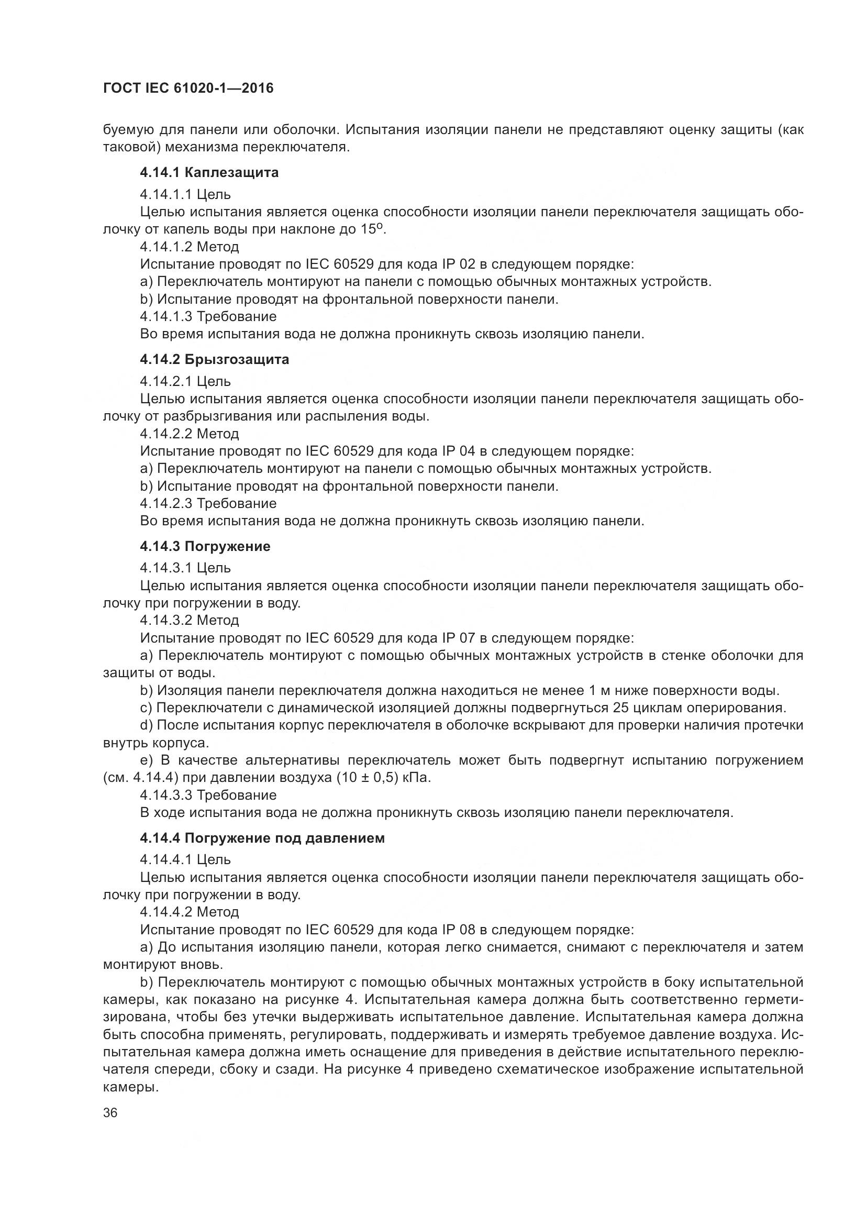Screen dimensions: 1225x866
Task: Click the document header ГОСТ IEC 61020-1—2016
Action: point(188,88)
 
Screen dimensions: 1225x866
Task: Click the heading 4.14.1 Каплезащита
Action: point(209,172)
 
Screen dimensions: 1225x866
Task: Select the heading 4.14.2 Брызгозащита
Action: point(214,359)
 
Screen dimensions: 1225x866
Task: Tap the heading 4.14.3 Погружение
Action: point(205,546)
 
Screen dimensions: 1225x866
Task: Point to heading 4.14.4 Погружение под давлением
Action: point(262,837)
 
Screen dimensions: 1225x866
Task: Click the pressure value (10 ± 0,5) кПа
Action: point(383,777)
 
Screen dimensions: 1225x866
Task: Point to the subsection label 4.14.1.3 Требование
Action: point(208,316)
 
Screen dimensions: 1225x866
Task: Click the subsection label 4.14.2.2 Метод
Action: point(190,433)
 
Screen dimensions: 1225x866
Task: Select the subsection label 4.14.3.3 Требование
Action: point(208,795)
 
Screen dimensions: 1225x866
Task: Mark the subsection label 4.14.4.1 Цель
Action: point(185,859)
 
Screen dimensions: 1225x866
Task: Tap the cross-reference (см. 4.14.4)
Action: point(140,777)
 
